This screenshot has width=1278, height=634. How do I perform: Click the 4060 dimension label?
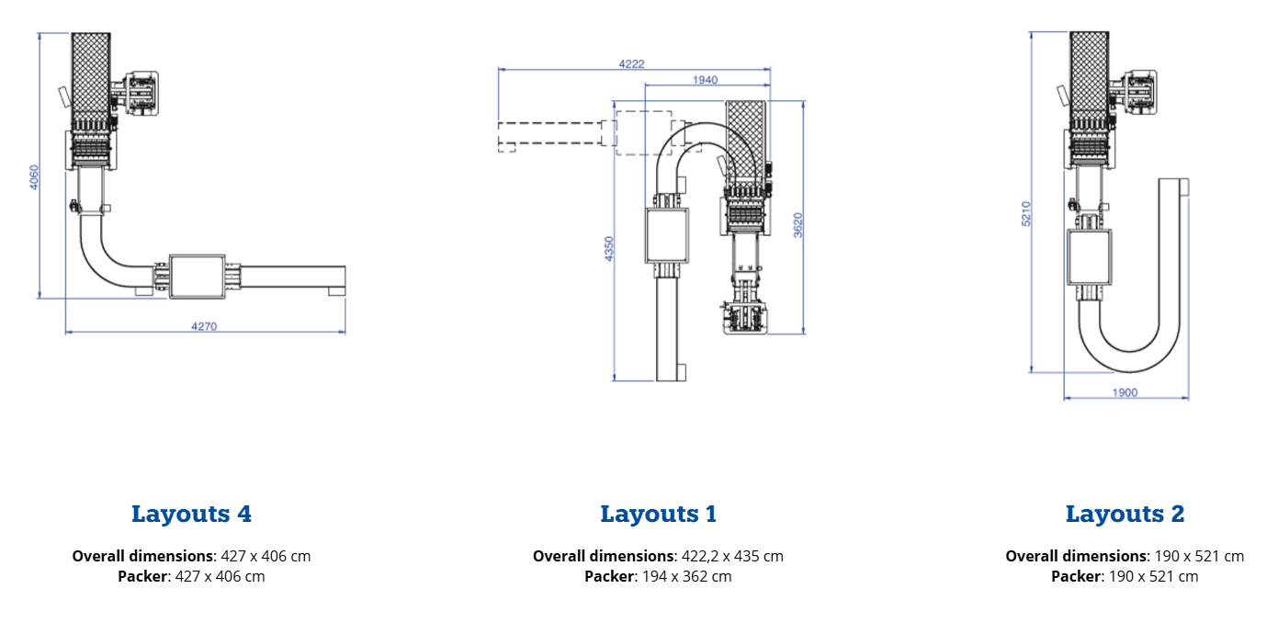(x=34, y=177)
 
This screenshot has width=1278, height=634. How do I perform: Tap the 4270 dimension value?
(x=204, y=326)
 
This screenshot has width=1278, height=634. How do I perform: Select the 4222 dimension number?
(x=631, y=64)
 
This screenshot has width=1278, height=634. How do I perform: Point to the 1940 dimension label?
(x=706, y=80)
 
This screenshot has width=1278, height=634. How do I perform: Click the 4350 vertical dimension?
(x=609, y=249)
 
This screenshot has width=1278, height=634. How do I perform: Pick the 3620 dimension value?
(x=797, y=225)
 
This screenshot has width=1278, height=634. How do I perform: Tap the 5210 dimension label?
(x=1026, y=213)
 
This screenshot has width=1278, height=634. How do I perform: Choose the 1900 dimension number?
(x=1125, y=392)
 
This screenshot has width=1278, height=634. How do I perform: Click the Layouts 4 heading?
(x=191, y=514)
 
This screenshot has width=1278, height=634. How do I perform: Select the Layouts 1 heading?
(x=659, y=514)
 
